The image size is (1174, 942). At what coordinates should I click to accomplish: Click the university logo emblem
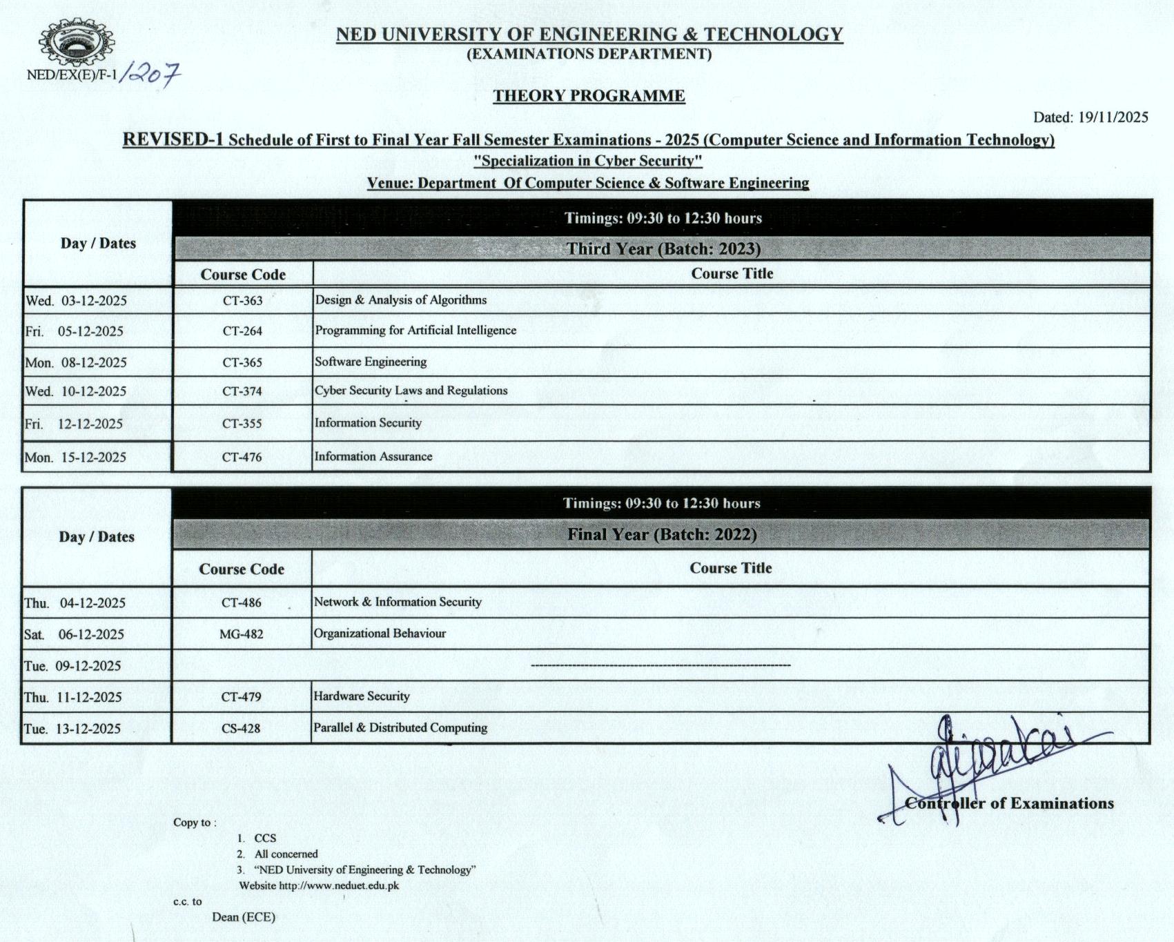[x=76, y=43]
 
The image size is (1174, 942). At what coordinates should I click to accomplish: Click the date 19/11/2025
[x=1113, y=117]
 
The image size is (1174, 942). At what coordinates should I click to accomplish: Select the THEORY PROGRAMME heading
[x=589, y=96]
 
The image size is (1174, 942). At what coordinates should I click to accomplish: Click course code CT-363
[x=242, y=301]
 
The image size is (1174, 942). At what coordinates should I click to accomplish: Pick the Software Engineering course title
[x=371, y=362]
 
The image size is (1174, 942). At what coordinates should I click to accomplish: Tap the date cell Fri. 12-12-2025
[x=75, y=424]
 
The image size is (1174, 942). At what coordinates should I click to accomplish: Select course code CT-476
[x=242, y=457]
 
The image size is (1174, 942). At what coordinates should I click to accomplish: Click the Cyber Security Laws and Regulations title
[x=411, y=391]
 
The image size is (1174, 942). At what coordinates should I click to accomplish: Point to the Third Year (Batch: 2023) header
[x=663, y=248]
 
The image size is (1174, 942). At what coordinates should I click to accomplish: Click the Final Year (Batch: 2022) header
[x=662, y=534]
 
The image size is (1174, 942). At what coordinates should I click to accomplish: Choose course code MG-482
[x=241, y=634]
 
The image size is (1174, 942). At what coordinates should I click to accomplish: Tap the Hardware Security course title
[x=361, y=696]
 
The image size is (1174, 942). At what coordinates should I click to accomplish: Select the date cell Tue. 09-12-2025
[x=72, y=666]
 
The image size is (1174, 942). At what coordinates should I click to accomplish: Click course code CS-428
[x=241, y=728]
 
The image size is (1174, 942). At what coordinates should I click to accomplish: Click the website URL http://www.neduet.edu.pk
[x=338, y=885]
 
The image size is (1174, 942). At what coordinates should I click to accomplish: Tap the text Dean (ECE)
[x=244, y=917]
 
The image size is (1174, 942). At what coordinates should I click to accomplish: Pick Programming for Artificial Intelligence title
[x=415, y=331]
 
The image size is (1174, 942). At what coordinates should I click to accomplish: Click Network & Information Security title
[x=398, y=602]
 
